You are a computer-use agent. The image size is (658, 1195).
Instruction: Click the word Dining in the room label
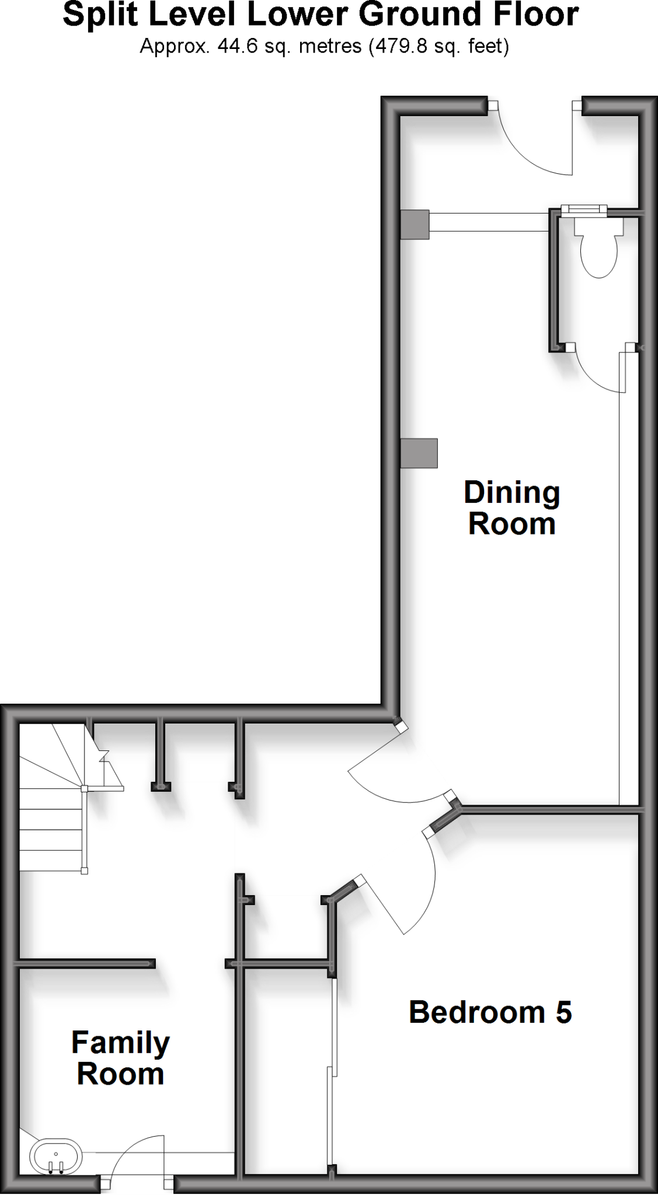[511, 493]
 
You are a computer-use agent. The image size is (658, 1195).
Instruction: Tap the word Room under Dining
[511, 524]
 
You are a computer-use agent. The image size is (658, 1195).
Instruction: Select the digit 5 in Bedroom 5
[563, 1012]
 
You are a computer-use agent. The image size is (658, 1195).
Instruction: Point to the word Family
[120, 1043]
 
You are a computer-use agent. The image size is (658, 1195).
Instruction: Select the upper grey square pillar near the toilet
[415, 224]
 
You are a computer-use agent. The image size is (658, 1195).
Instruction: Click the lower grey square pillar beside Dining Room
[419, 453]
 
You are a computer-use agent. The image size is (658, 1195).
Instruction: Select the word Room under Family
[120, 1074]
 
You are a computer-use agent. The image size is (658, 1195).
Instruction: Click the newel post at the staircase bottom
[85, 871]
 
